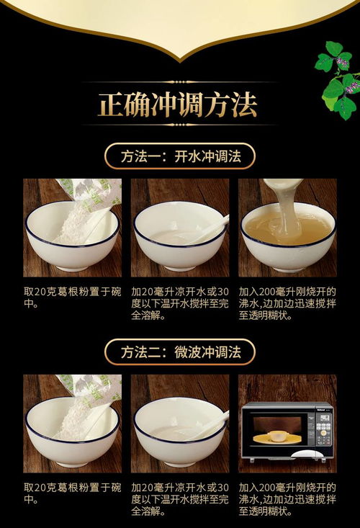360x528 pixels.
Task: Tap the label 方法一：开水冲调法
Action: click(x=179, y=156)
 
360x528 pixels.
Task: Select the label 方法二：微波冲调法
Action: click(x=179, y=352)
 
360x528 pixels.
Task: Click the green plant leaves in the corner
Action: click(x=338, y=79)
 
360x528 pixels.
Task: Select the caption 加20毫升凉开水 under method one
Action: click(x=179, y=303)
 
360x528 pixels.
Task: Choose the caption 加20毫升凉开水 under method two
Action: click(x=179, y=498)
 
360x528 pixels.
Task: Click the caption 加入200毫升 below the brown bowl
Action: click(x=287, y=303)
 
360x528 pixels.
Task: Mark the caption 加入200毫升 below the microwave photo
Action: click(x=287, y=498)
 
